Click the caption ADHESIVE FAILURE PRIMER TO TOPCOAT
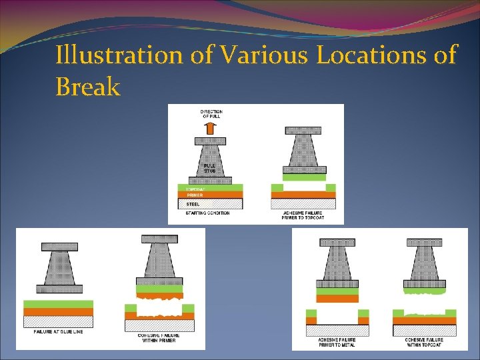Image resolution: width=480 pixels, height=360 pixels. pos(303,215)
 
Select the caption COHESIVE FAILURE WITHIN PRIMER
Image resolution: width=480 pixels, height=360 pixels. pos(159,337)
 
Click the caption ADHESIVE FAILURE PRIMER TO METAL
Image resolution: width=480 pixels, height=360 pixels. pos(337,342)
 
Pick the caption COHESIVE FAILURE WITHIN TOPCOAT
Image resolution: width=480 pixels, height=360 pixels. pos(424,342)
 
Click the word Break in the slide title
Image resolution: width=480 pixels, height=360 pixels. pos(87,86)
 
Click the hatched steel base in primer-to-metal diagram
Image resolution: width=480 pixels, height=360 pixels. pos(337,330)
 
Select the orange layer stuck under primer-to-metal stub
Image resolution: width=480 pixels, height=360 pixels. pos(337,299)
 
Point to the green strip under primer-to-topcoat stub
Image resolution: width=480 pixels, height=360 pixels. pos(303,177)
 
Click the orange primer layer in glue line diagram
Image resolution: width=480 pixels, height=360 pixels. pos(59,312)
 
